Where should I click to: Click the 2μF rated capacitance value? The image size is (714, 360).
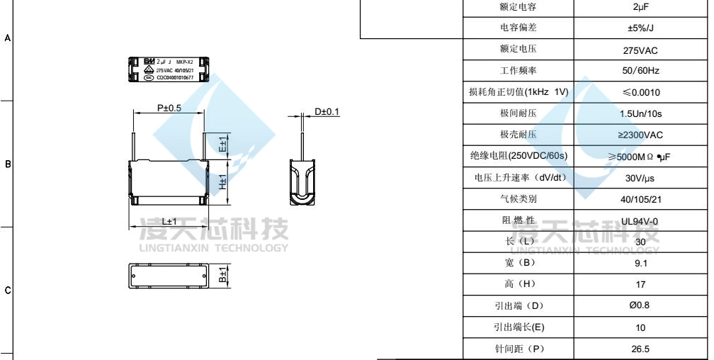[x=640, y=7]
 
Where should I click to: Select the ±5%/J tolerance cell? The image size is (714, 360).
[x=640, y=28]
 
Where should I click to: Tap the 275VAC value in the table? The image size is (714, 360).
[x=640, y=50]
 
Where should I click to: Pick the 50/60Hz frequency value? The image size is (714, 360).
[x=640, y=72]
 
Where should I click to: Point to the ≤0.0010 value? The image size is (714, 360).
[x=640, y=93]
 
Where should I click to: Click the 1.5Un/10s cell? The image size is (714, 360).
[x=640, y=114]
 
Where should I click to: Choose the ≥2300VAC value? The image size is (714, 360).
[x=640, y=135]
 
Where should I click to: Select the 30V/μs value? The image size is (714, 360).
[x=640, y=178]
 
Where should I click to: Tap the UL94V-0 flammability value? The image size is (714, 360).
[x=640, y=221]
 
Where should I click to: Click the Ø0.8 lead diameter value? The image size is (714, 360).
[x=640, y=306]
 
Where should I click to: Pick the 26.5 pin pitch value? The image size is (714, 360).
[x=640, y=349]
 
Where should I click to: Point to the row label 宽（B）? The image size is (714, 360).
[x=517, y=263]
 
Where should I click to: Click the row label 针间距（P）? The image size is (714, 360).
[x=517, y=349]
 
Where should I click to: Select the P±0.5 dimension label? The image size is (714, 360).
[x=169, y=108]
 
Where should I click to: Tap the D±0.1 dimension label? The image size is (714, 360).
[x=327, y=112]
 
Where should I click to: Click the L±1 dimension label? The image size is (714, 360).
[x=169, y=221]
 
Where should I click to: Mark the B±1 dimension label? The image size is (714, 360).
[x=222, y=276]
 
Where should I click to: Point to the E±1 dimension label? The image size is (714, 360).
[x=222, y=145]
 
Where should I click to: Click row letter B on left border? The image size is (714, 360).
[x=8, y=164]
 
